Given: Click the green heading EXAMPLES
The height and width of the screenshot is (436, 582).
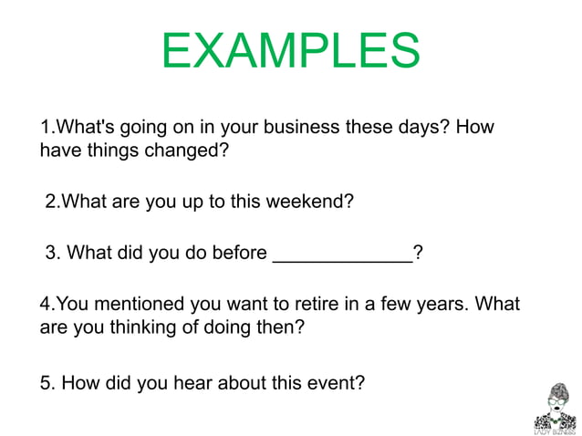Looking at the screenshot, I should tap(290, 51).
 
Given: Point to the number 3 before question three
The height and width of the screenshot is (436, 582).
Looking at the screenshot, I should tap(51, 253).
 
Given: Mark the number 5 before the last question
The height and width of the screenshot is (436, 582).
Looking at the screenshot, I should tap(46, 382).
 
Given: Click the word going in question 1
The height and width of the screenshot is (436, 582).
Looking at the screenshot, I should tap(140, 127).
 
